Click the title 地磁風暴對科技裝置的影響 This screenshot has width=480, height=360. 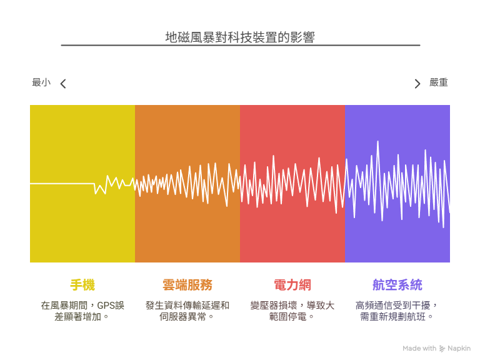(240, 37)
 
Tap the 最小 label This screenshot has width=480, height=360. (41, 82)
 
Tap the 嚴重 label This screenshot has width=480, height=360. (438, 82)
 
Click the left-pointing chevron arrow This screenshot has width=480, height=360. (63, 84)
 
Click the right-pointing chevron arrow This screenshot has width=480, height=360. (417, 84)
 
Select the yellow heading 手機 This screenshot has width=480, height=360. (82, 285)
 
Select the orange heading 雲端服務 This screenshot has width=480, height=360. (187, 285)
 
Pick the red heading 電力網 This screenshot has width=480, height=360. (292, 285)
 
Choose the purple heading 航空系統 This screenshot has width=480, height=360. (397, 285)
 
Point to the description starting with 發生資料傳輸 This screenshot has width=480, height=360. (187, 311)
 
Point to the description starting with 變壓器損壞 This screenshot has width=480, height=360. (292, 311)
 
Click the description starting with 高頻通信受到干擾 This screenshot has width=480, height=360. (397, 311)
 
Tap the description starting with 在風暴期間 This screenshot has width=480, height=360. (82, 311)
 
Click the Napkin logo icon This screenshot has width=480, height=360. (442, 348)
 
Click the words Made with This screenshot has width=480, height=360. (419, 348)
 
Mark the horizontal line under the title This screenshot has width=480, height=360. (241, 45)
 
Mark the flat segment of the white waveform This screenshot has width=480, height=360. (62, 184)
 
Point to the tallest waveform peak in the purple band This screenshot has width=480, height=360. (377, 141)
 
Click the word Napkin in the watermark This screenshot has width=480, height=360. (459, 348)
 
